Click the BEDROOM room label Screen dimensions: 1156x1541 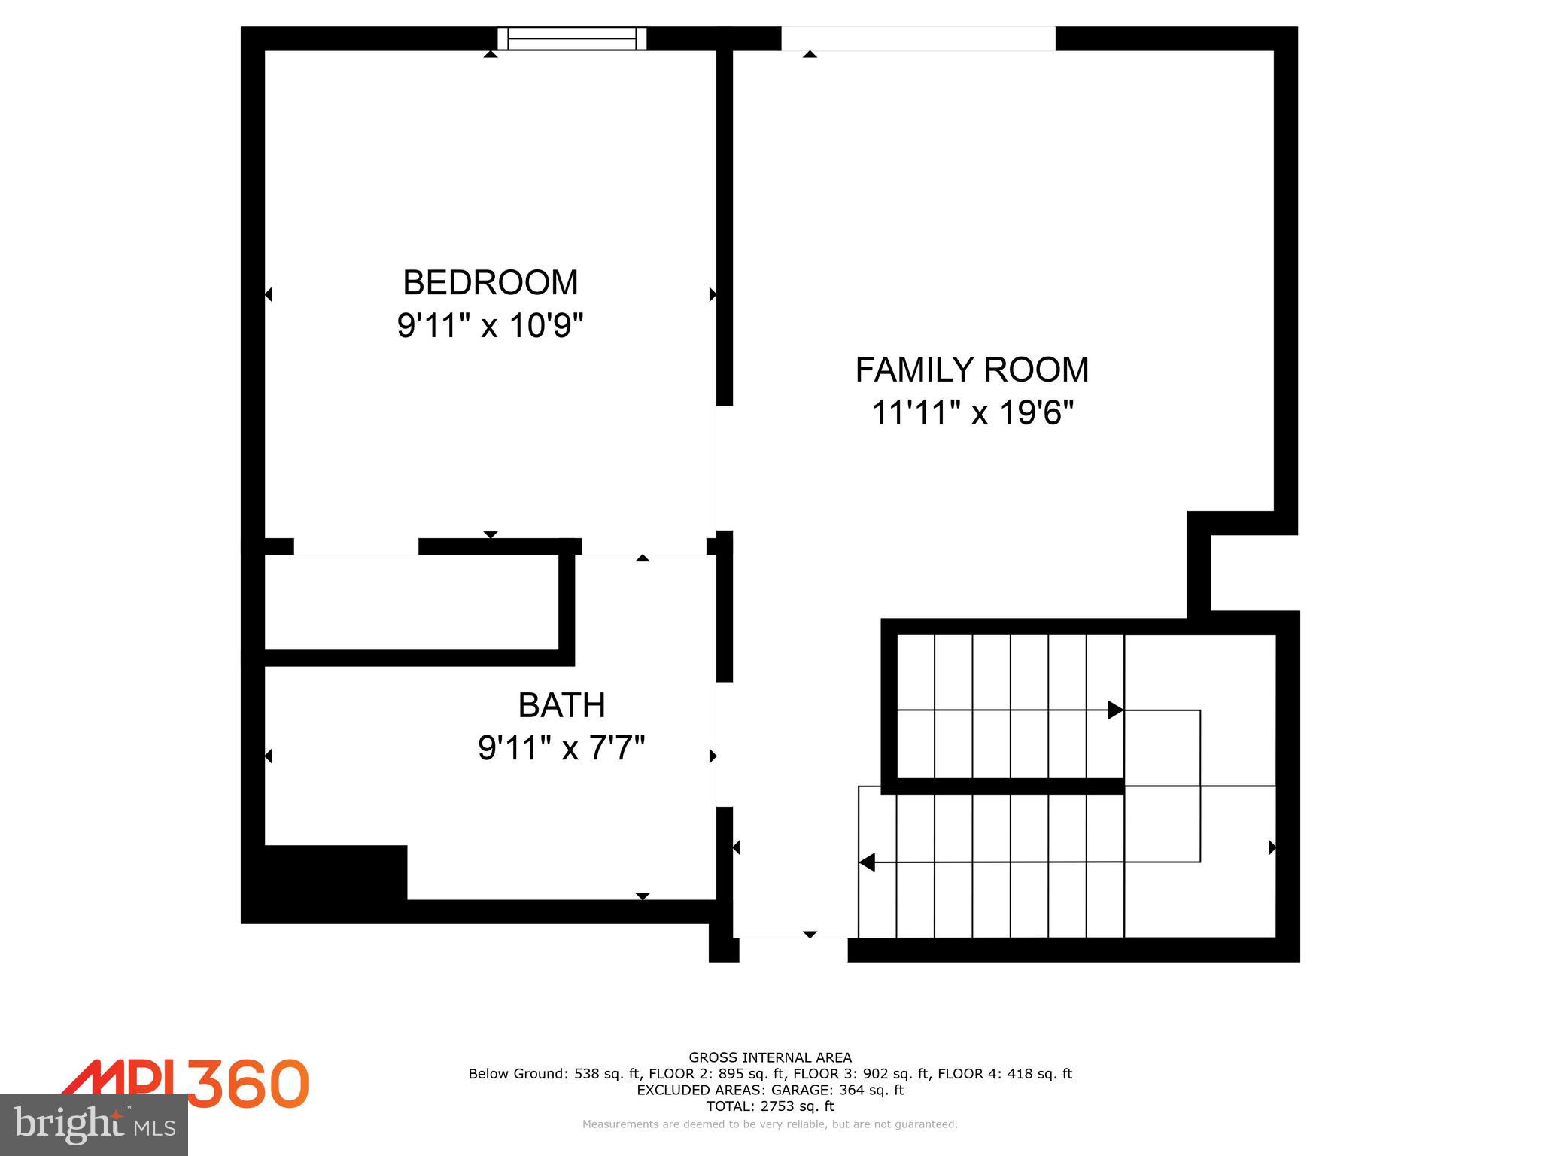pos(490,283)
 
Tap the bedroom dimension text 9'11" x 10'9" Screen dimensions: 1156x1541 pos(490,327)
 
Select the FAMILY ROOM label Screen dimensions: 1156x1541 pos(971,370)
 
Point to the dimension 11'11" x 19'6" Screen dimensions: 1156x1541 pos(971,413)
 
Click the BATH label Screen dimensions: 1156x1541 pos(561,705)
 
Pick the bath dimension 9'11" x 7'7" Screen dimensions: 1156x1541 pos(561,749)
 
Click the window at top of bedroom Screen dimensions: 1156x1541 pos(572,38)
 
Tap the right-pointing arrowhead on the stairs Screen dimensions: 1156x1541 pos(1115,710)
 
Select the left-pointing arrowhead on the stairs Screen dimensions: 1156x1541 pos(867,862)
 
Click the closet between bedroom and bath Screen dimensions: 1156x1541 pos(412,602)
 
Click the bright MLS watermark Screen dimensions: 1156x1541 pos(94,1124)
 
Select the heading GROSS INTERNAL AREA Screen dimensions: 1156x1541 pos(770,1057)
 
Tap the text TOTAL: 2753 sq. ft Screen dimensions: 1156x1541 pos(770,1106)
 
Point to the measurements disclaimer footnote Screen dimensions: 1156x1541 pos(770,1124)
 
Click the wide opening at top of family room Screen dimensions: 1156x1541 pos(918,38)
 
